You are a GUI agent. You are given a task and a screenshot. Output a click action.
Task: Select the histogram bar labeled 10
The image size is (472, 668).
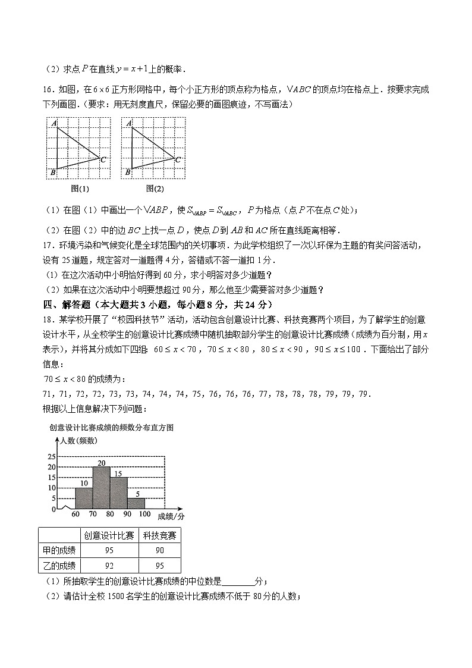pyautogui.click(x=84, y=498)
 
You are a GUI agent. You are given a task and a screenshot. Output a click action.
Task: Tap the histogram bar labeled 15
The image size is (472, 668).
pyautogui.click(x=118, y=493)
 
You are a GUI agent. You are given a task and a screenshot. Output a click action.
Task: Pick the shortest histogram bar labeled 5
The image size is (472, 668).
pyautogui.click(x=136, y=503)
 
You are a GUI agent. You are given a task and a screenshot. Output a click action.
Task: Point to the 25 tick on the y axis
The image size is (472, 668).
pyautogui.click(x=51, y=457)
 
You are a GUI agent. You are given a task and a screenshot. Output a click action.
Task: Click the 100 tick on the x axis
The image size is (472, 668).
pyautogui.click(x=144, y=515)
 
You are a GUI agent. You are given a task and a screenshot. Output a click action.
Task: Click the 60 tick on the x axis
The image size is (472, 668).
pyautogui.click(x=75, y=515)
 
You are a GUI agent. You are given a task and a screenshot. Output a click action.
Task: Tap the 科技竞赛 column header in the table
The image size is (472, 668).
pyautogui.click(x=159, y=535)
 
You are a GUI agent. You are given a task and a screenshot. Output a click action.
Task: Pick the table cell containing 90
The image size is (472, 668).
pyautogui.click(x=159, y=550)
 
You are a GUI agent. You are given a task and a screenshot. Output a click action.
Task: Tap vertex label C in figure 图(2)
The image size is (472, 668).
pyautogui.click(x=178, y=159)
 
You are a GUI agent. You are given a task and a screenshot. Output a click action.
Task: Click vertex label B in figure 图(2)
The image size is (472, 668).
pyautogui.click(x=127, y=173)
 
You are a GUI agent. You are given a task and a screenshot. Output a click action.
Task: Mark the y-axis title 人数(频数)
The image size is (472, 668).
pyautogui.click(x=78, y=441)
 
